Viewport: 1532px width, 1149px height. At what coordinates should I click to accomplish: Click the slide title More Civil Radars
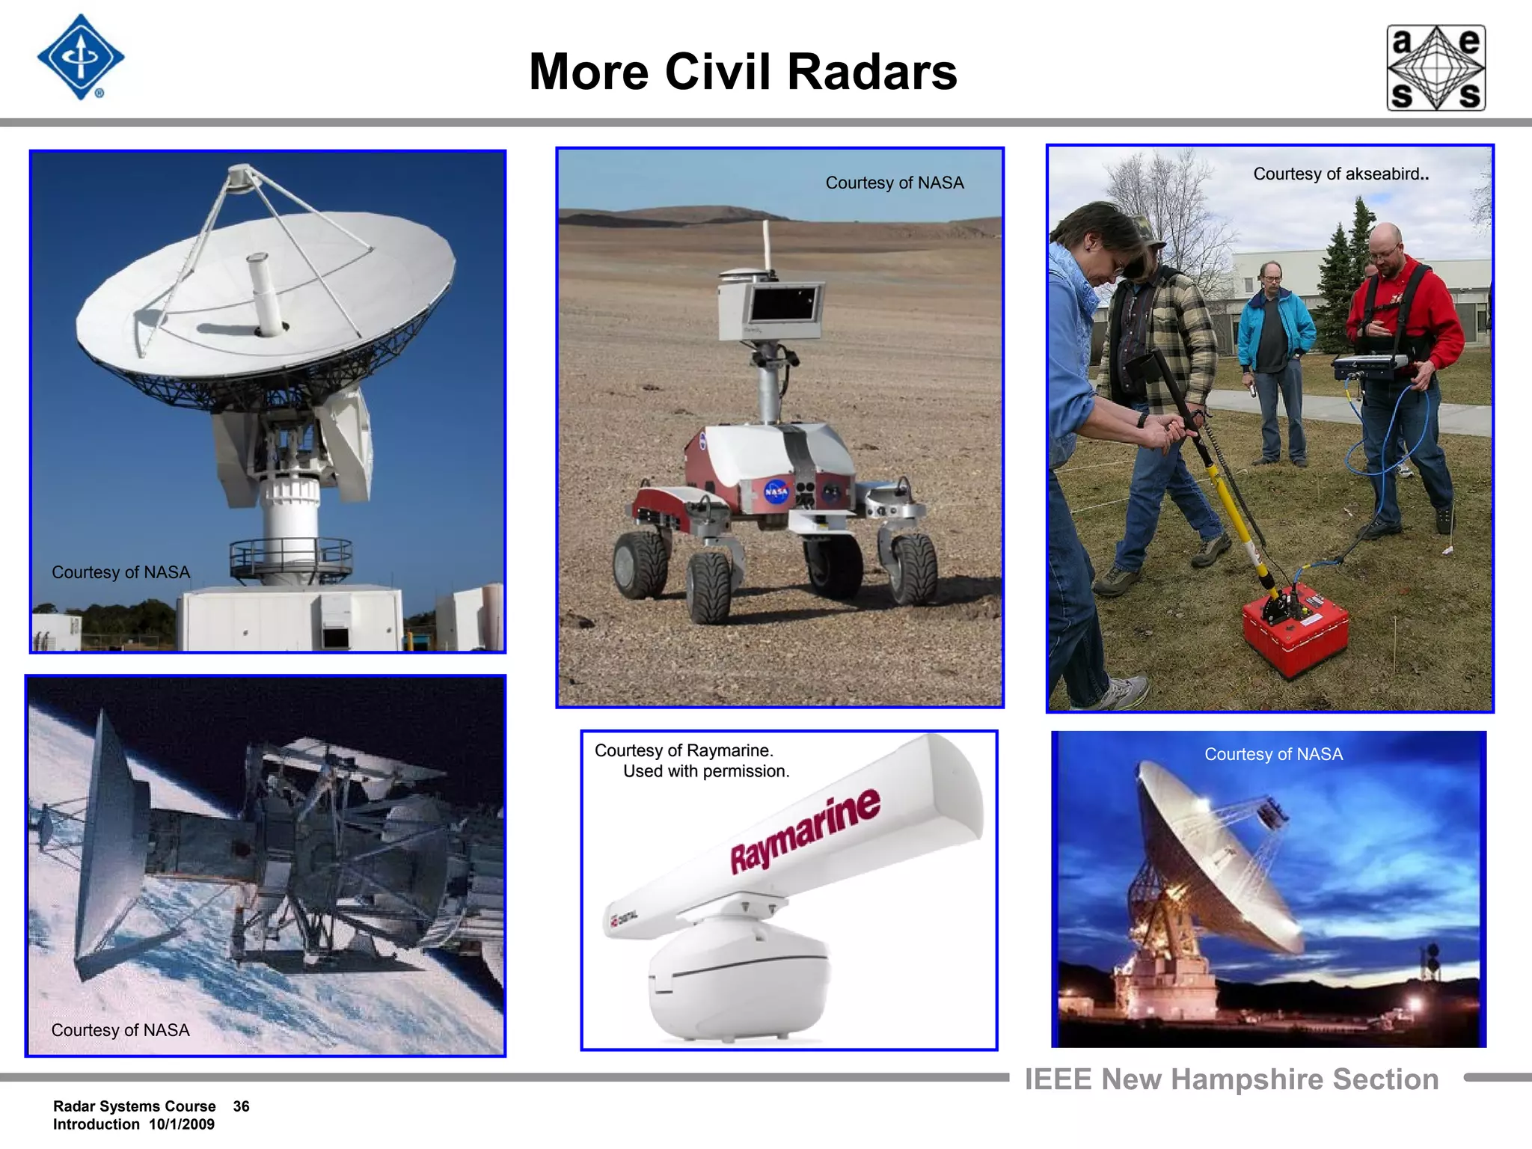tap(743, 72)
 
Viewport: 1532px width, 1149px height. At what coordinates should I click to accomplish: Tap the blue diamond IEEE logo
tap(81, 58)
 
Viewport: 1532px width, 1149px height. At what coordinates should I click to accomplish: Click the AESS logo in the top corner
tap(1436, 68)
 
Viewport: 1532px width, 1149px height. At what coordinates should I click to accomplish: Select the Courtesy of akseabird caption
tap(1340, 174)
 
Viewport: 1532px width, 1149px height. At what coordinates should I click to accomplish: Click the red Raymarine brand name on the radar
tap(805, 830)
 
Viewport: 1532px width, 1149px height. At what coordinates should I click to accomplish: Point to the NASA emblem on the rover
tap(776, 491)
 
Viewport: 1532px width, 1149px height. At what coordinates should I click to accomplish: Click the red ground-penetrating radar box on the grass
tap(1295, 628)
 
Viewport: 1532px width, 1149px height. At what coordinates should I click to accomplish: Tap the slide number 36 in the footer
tap(241, 1106)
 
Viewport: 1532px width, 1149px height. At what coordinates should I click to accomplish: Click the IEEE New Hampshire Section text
tap(1231, 1079)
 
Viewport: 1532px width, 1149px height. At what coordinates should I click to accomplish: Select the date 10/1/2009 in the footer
tap(182, 1124)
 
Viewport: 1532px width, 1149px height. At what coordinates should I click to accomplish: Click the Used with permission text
tap(706, 771)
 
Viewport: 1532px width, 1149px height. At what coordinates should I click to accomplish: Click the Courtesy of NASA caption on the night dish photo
tap(1273, 754)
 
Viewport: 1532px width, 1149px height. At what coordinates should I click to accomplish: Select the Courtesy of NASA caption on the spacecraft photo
tap(120, 1030)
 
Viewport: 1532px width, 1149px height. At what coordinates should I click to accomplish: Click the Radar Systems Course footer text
tap(134, 1106)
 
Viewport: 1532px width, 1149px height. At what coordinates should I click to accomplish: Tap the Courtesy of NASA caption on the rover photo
tap(894, 183)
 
